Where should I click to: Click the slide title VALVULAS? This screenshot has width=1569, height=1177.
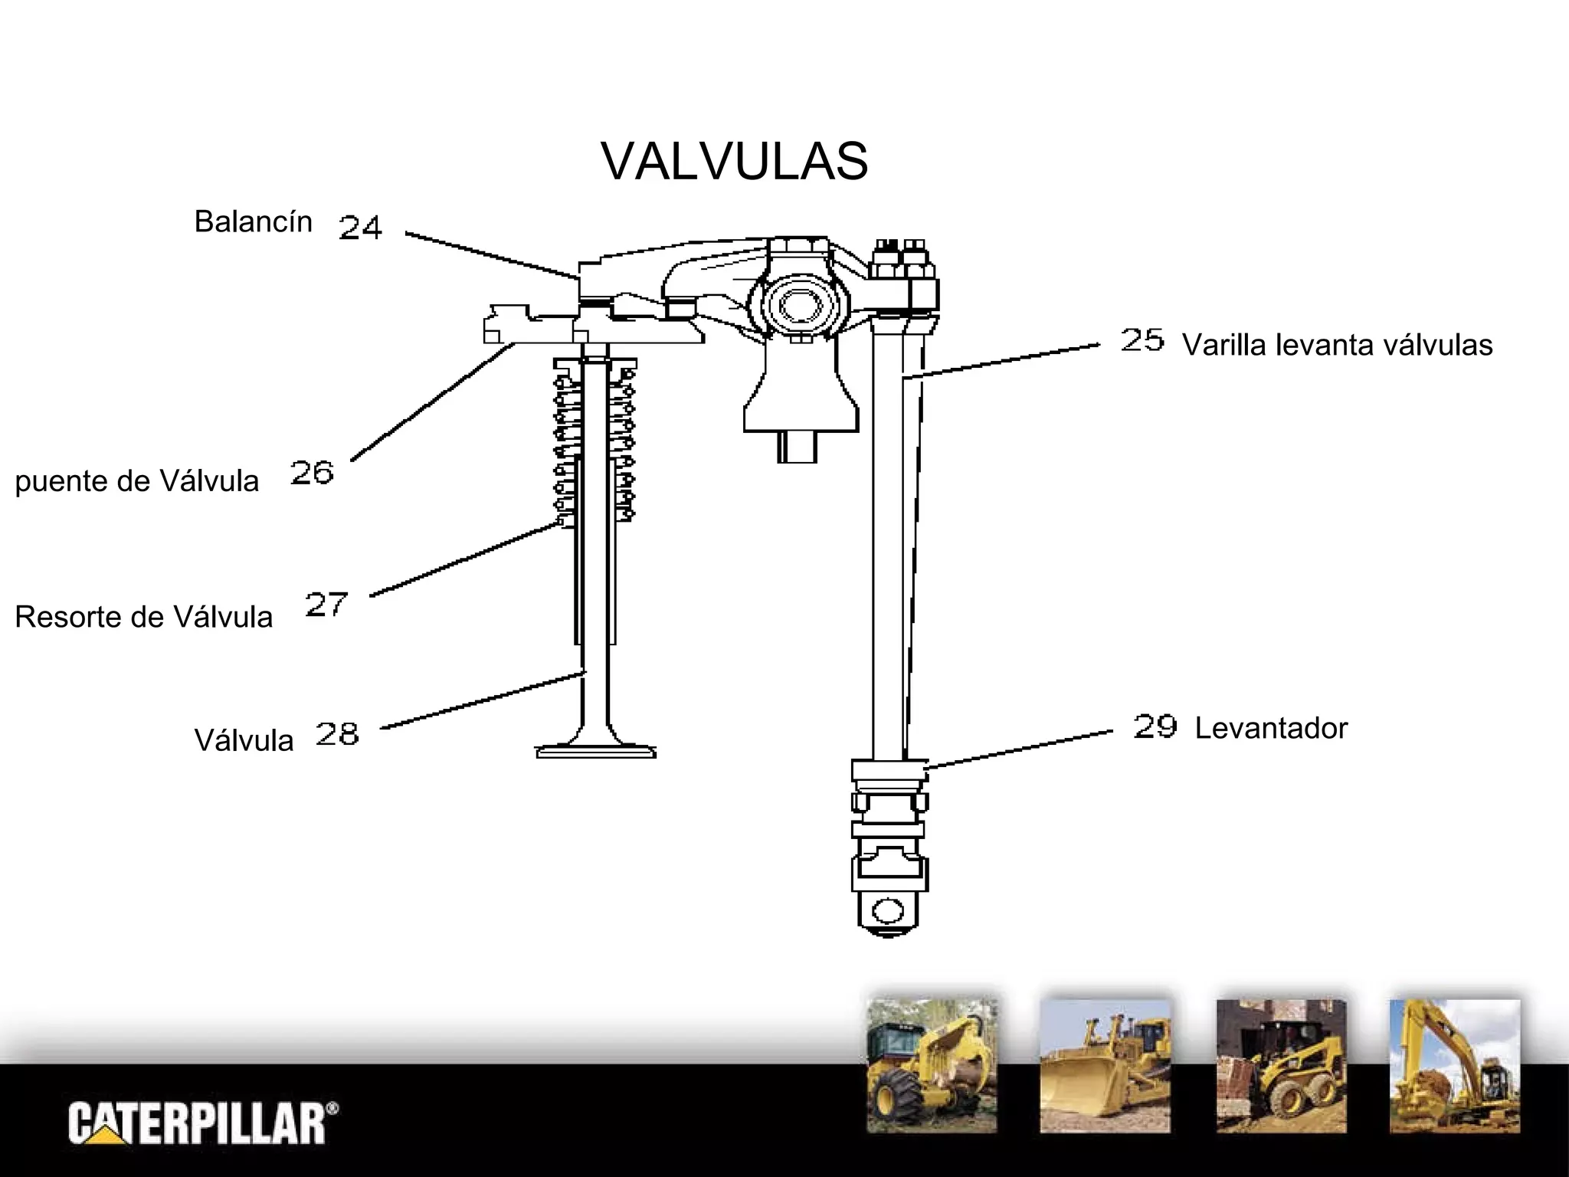coord(734,162)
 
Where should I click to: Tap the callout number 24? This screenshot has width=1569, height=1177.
coord(360,228)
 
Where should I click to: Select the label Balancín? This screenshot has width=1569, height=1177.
coord(253,222)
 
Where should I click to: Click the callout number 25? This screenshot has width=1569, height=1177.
coord(1142,339)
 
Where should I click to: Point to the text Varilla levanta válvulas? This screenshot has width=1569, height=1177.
coord(1337,346)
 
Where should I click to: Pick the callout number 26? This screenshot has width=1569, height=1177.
coord(312,472)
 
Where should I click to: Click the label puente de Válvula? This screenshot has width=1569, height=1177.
coord(137,482)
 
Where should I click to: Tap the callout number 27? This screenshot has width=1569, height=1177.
coord(326,605)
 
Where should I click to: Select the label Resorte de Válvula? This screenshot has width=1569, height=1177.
coord(143,618)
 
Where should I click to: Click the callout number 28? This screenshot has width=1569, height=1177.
coord(337,734)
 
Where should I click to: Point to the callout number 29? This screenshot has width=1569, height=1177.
coord(1155,726)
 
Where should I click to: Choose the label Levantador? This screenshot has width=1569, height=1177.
coord(1271,729)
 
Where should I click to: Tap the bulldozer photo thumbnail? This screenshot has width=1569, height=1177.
coord(1105,1066)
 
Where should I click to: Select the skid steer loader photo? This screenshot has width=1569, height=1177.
coord(1281,1066)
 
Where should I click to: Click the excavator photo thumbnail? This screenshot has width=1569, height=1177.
coord(1455,1066)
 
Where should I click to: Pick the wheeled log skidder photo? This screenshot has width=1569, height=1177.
coord(932,1066)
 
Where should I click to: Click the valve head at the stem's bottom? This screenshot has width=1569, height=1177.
coord(595,749)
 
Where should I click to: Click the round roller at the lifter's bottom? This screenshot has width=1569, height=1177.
coord(888,912)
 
